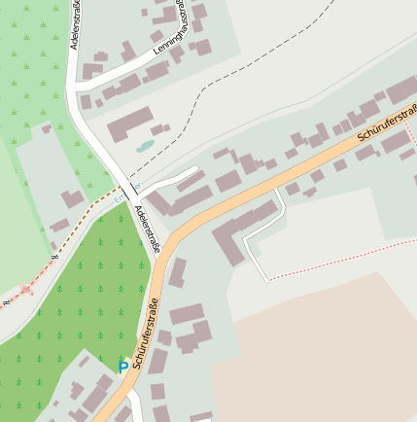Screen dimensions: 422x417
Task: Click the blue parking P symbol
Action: tap(122, 366)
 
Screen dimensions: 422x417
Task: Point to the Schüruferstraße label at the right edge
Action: tap(388, 123)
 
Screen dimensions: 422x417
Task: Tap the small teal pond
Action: tap(145, 147)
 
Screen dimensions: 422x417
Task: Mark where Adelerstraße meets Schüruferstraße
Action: tap(159, 262)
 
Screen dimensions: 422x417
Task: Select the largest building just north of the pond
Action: tap(129, 124)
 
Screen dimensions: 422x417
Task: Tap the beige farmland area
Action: tap(321, 360)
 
